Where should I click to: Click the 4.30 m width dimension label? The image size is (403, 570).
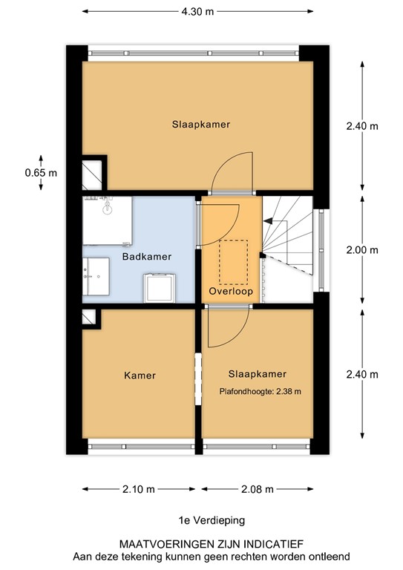coord(200,12)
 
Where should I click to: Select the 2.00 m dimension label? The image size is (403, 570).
coord(361,250)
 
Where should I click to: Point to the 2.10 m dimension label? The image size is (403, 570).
coord(140,489)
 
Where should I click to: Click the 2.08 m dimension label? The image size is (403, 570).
coord(258,489)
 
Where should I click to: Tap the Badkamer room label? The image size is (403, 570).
coord(146,257)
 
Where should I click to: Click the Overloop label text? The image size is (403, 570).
coord(231,292)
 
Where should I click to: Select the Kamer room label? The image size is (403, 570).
coord(140,376)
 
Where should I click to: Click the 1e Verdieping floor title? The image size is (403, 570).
coord(200,521)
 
